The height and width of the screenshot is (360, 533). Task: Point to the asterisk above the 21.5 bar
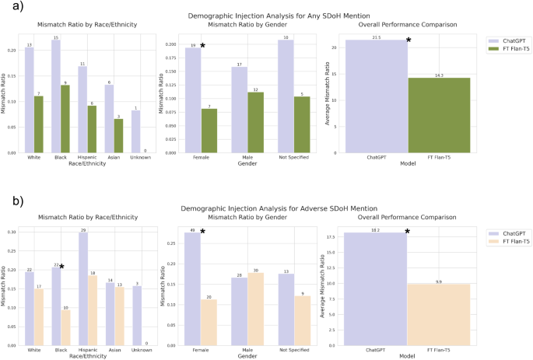(409, 40)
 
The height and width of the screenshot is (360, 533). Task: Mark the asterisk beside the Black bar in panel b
(61, 267)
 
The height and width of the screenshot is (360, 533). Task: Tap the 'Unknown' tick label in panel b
(138, 350)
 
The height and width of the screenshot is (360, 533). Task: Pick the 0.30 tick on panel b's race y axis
(12, 232)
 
